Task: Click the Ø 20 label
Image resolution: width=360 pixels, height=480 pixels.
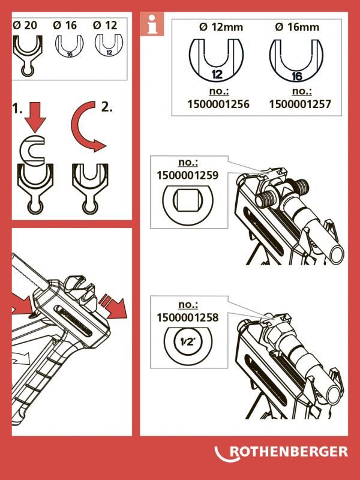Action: pyautogui.click(x=25, y=25)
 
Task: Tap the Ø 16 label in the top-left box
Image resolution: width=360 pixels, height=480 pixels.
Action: pyautogui.click(x=65, y=25)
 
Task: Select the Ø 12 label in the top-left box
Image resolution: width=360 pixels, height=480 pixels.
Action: pyautogui.click(x=105, y=25)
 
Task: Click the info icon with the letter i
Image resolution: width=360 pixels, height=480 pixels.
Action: pyautogui.click(x=152, y=24)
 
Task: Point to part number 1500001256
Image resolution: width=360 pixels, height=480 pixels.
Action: pyautogui.click(x=218, y=104)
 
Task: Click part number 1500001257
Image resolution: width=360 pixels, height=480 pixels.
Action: pyautogui.click(x=300, y=104)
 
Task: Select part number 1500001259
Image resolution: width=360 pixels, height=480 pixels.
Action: pyautogui.click(x=188, y=175)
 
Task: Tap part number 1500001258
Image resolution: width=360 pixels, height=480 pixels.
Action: pyautogui.click(x=188, y=318)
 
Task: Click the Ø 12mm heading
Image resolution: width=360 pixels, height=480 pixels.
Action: pyautogui.click(x=221, y=27)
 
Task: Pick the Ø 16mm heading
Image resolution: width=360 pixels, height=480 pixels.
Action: pyautogui.click(x=297, y=27)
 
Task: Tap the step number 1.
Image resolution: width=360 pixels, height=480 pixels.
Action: pyautogui.click(x=17, y=109)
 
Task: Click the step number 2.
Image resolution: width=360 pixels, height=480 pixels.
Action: pyautogui.click(x=107, y=107)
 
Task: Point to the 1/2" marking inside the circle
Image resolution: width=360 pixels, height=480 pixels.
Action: pyautogui.click(x=188, y=341)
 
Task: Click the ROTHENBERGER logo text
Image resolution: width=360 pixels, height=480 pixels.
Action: pyautogui.click(x=289, y=452)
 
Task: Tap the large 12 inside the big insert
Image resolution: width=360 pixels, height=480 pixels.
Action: pyautogui.click(x=217, y=74)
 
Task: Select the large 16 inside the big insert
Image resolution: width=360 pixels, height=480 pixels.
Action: pyautogui.click(x=297, y=76)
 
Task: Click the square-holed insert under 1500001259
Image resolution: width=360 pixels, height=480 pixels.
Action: pyautogui.click(x=188, y=201)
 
